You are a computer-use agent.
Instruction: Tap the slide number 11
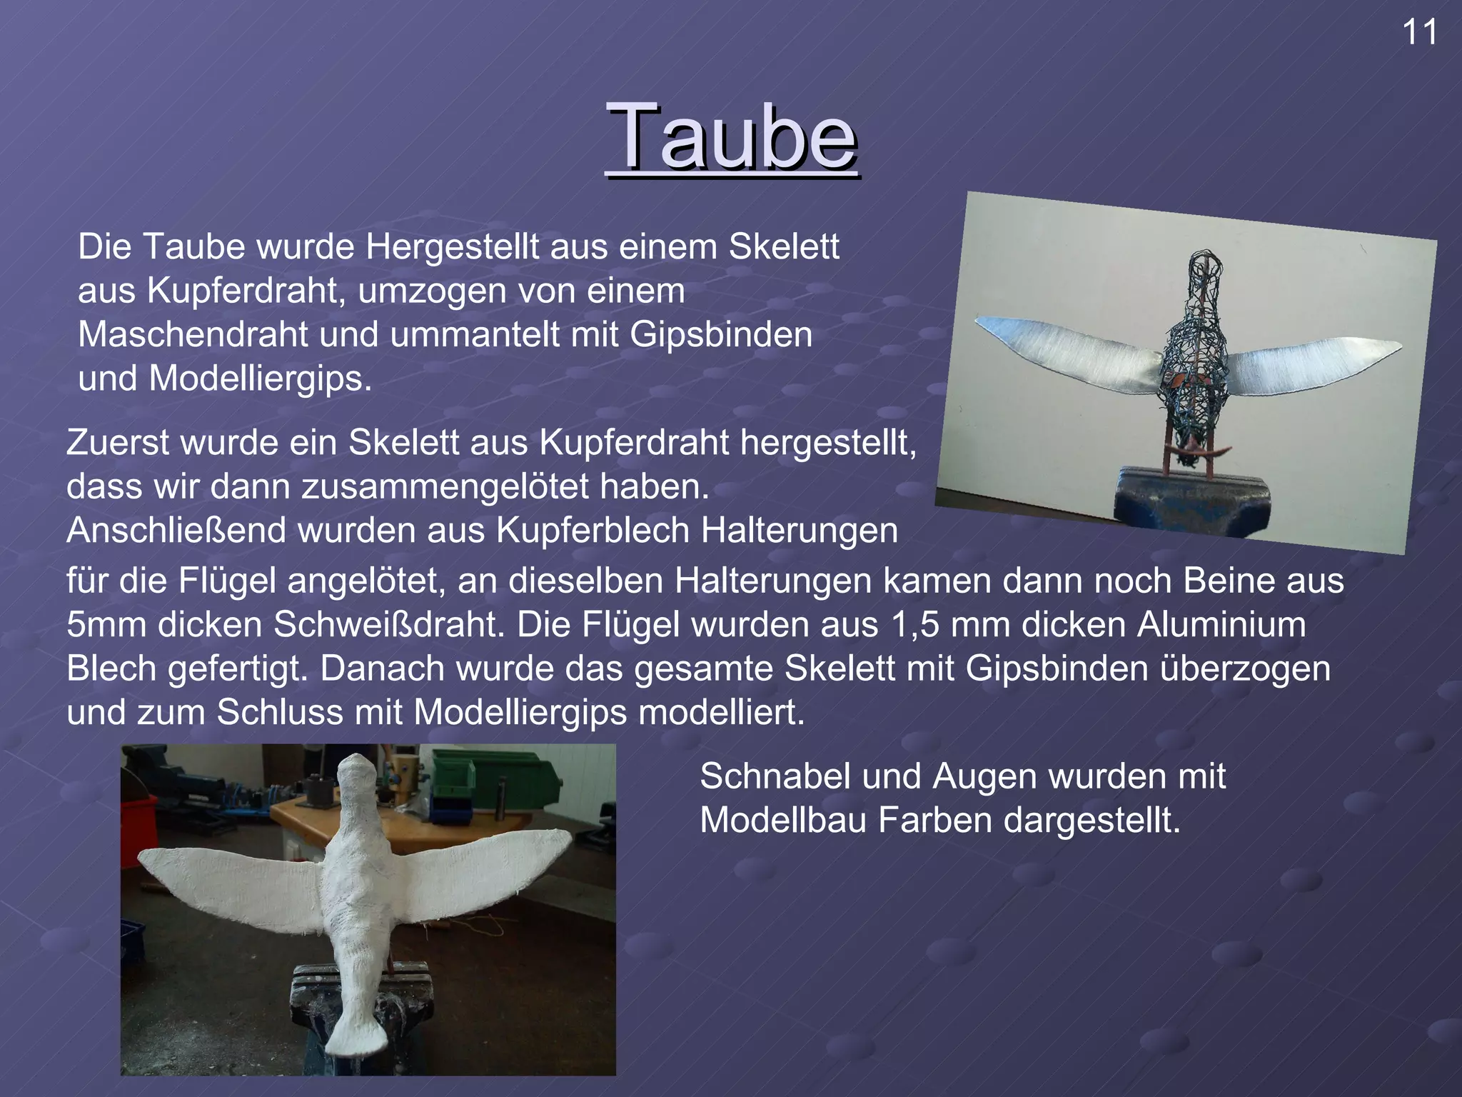tap(1420, 33)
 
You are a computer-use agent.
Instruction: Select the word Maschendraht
tap(193, 335)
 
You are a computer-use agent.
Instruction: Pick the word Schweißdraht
tap(389, 625)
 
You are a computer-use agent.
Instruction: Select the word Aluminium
tap(1221, 625)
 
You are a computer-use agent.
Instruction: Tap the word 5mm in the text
tap(106, 625)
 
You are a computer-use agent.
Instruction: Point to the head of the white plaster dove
tap(357, 775)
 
